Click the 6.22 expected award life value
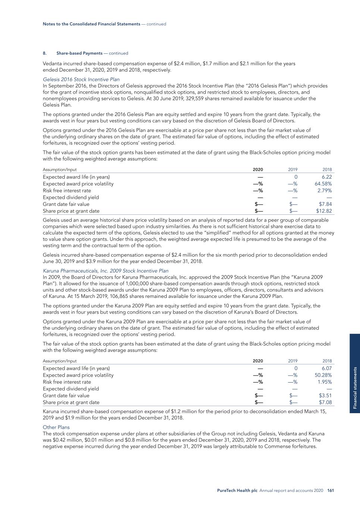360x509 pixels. coord(326,177)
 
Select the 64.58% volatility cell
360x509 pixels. coord(323,184)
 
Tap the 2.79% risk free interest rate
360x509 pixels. coord(325,191)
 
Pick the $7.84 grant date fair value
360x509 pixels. coord(325,204)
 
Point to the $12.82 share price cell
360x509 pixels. coord(324,211)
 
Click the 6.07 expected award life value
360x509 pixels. coord(326,368)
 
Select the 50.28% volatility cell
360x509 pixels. coord(323,375)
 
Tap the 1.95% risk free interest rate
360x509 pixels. coord(325,382)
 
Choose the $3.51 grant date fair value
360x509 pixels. coord(325,396)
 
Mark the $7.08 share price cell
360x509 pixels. coord(325,402)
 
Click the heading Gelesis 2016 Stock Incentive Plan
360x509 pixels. coord(81,79)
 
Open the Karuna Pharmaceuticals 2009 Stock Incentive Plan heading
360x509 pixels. coord(106,271)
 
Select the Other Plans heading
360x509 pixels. coord(56,427)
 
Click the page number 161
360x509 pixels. coord(330,491)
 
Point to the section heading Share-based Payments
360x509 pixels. coord(79,53)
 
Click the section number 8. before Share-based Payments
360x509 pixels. coord(44,53)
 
